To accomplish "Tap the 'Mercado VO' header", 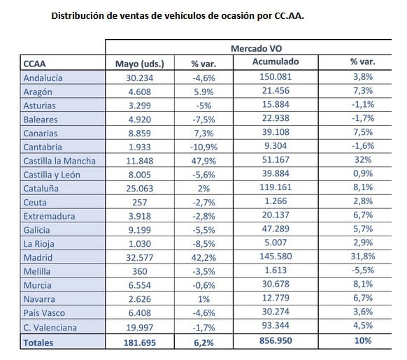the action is tap(256, 48).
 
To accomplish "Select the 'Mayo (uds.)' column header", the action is tap(140, 64).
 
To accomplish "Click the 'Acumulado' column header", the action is tap(276, 62).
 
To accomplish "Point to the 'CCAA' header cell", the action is tap(34, 64).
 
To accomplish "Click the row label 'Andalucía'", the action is tap(43, 78).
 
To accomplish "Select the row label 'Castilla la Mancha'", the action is tap(59, 161).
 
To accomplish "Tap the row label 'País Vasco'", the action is tap(44, 312).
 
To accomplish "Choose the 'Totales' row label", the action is tap(38, 343).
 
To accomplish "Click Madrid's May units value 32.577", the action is tap(140, 257).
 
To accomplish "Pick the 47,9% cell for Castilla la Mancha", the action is tap(203, 161).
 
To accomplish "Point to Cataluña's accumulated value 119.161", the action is tap(276, 187).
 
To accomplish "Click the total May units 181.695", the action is tap(140, 343).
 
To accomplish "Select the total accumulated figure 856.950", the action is tap(276, 340).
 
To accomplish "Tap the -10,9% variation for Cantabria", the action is tap(203, 147).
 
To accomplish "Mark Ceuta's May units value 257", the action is tap(140, 202).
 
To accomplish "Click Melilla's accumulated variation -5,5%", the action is tap(363, 271).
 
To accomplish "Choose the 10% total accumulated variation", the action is tap(363, 340).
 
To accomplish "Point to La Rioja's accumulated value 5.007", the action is tap(276, 243).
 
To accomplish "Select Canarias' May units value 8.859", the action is tap(140, 133).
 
